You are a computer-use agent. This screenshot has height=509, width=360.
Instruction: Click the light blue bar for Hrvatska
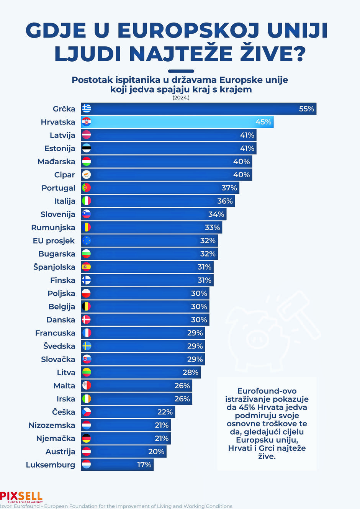point(177,122)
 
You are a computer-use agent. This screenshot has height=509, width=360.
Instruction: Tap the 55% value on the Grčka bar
point(307,109)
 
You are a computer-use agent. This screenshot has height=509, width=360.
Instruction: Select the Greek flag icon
point(87,109)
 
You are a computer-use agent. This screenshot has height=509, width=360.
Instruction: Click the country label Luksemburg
point(51,465)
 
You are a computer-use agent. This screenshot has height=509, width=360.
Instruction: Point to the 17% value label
point(144,465)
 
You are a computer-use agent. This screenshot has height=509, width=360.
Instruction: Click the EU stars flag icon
point(87,241)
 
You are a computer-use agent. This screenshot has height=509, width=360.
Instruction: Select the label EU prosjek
point(54,241)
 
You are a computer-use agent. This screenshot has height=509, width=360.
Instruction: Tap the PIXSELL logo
point(21,497)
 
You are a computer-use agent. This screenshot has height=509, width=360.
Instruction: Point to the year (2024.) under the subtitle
point(181,98)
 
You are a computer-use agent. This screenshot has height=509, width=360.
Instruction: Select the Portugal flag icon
point(87,188)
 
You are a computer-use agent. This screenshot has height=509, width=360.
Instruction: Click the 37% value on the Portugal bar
point(229,188)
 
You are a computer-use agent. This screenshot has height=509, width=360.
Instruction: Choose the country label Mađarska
point(56,162)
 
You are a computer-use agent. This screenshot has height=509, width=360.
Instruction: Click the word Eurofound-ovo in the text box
point(267,391)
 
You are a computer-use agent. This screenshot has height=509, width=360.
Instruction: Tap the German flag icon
point(87,438)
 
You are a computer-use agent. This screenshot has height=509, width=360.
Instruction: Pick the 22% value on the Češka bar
point(165,412)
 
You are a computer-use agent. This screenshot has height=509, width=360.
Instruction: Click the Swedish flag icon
point(87,346)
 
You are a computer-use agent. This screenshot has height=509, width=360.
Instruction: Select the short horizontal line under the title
point(181,71)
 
